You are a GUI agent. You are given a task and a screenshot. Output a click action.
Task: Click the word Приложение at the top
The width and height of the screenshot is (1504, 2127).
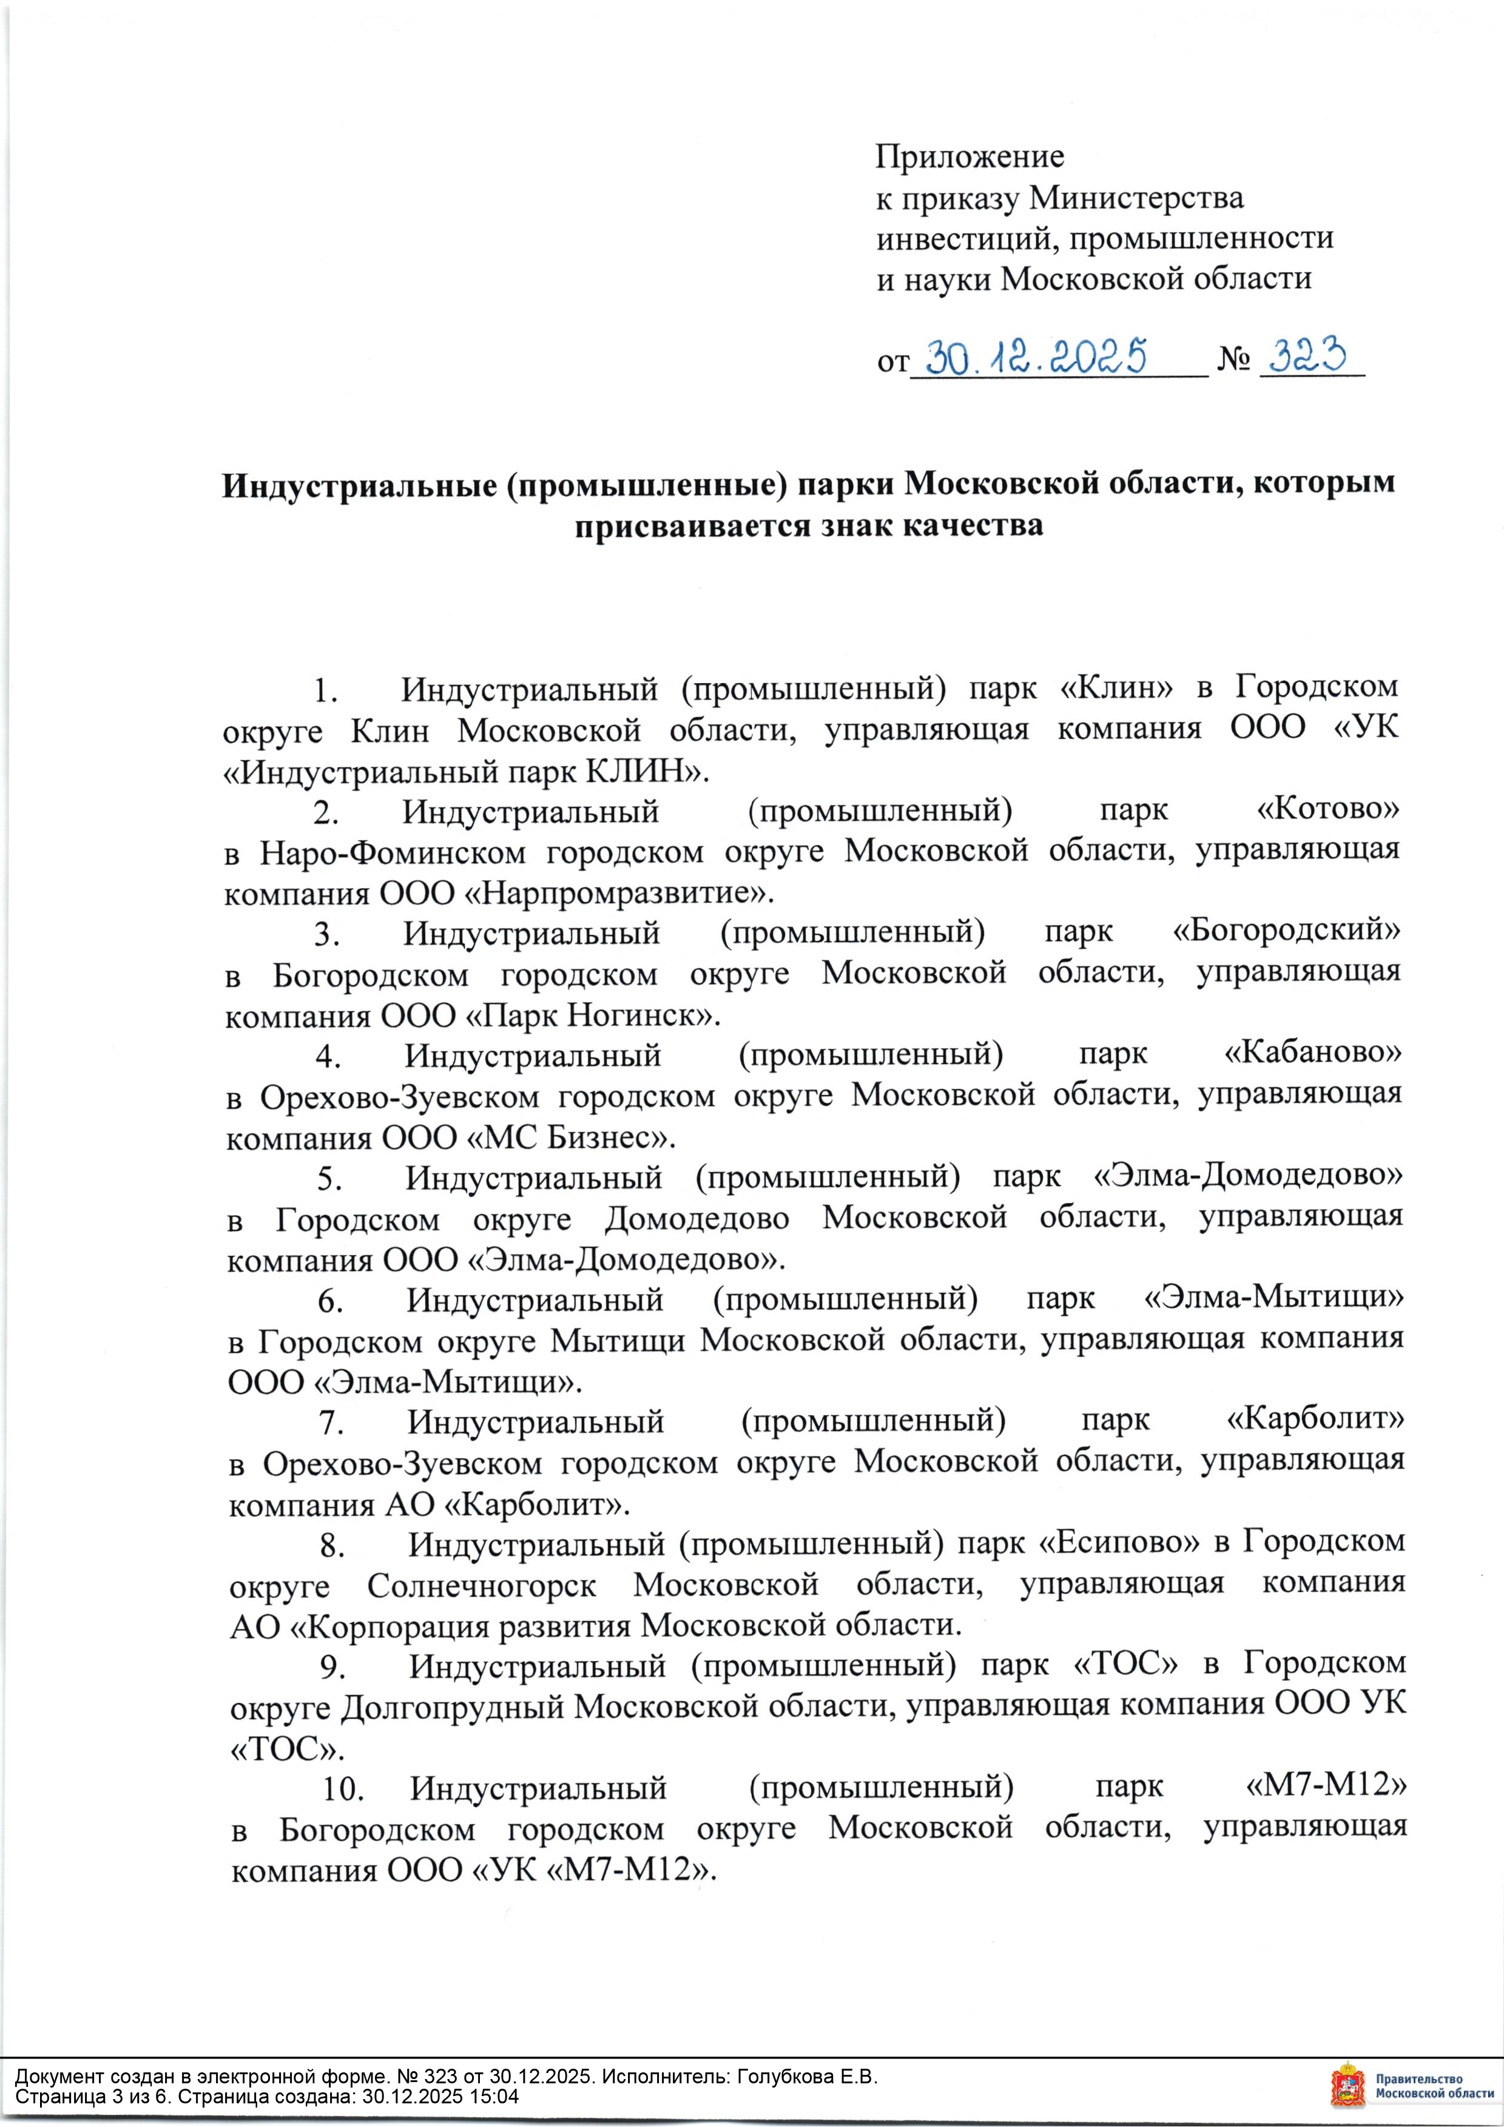click(x=970, y=157)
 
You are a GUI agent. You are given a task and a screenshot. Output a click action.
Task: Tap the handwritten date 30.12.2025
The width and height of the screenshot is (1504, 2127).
click(x=1036, y=357)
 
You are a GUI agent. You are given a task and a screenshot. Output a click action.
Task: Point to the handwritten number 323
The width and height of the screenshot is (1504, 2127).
click(x=1307, y=355)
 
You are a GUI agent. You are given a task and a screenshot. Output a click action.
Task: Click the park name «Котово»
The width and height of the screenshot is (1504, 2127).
click(x=1327, y=809)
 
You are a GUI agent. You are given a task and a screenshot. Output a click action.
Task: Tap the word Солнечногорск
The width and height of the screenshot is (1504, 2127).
click(x=481, y=1585)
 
